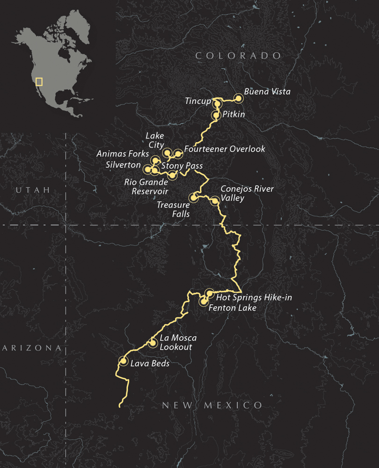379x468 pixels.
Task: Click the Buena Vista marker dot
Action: click(x=238, y=98)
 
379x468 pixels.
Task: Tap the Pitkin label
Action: click(x=234, y=114)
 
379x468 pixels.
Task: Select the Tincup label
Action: click(x=198, y=101)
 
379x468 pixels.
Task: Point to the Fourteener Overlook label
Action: click(x=225, y=149)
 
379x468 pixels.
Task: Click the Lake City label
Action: click(x=155, y=140)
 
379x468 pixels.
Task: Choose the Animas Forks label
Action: click(x=123, y=154)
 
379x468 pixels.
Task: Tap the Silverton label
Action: click(x=123, y=165)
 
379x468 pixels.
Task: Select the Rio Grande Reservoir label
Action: click(x=146, y=186)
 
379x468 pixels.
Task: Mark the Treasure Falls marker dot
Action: click(x=193, y=197)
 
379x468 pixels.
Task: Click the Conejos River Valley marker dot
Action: click(x=215, y=201)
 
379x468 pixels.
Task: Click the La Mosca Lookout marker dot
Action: click(x=153, y=343)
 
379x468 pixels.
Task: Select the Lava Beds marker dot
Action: click(x=124, y=361)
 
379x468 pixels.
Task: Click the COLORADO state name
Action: click(x=238, y=56)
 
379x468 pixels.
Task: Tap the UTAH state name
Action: click(x=32, y=190)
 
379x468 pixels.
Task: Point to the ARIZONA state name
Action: click(x=31, y=348)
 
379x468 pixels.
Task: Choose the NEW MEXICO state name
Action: click(x=212, y=405)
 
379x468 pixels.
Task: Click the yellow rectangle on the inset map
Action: click(x=39, y=81)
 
